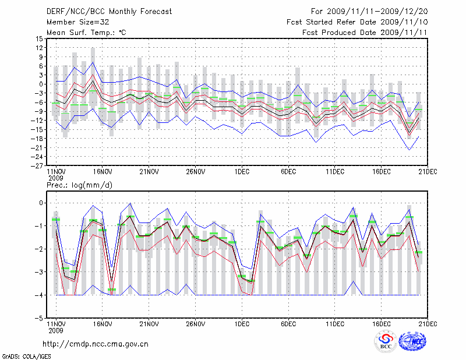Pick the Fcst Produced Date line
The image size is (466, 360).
point(365,33)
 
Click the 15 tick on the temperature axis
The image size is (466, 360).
point(40,38)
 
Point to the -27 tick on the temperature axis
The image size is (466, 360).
point(38,165)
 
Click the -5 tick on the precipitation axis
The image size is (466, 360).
point(40,319)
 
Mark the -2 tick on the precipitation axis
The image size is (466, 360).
point(40,249)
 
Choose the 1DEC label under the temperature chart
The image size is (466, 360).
point(242,172)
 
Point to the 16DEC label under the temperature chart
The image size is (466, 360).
point(382,172)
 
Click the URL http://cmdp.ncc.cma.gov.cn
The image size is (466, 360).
point(96,344)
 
